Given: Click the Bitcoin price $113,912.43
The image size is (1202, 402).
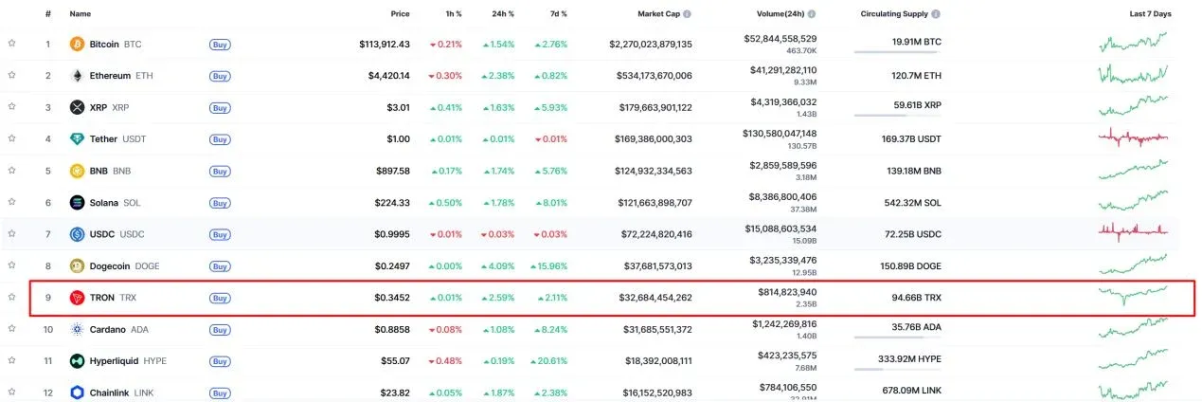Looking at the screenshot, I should [385, 44].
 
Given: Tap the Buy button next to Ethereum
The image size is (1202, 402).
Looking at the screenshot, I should [220, 76].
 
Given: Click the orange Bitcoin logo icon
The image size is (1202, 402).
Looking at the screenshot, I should [78, 44].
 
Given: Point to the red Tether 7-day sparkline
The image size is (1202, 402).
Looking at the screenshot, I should [1134, 138].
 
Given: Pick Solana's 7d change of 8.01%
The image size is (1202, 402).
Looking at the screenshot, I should [550, 202].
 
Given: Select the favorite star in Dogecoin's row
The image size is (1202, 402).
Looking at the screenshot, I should [12, 265].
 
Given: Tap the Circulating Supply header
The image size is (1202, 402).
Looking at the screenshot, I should [895, 14].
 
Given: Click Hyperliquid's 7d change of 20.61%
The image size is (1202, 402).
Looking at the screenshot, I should [548, 361].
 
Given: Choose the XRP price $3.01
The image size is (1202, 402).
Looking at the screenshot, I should [397, 107].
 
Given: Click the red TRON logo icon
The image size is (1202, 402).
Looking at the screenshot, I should [78, 298].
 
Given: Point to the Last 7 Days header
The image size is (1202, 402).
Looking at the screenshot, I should [1150, 14].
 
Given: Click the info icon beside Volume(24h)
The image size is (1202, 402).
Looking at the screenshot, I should [812, 14].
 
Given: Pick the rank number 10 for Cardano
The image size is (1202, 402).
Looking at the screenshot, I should [47, 329].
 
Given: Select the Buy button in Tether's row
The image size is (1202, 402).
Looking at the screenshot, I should [220, 138].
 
